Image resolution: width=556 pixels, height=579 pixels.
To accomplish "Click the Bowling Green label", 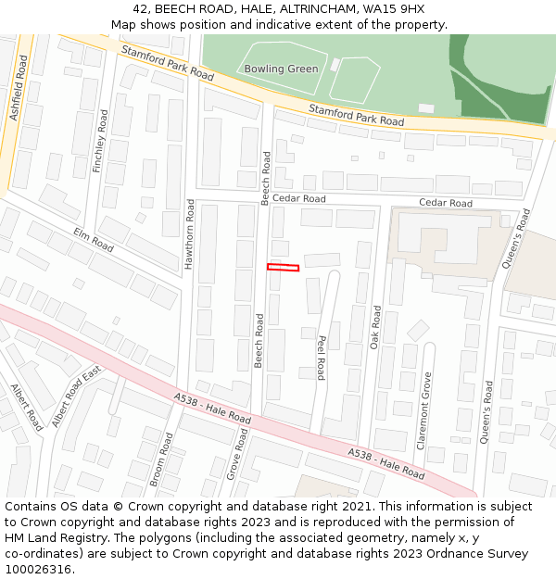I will click(281, 69).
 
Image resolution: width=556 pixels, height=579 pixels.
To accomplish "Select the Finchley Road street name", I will click(101, 141).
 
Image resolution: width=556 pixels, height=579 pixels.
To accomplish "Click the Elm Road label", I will click(93, 241).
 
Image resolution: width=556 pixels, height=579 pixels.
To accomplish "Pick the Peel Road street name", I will click(321, 358).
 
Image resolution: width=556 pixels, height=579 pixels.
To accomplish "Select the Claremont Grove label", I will click(425, 410).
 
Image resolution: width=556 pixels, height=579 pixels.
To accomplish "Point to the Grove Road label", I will click(236, 453).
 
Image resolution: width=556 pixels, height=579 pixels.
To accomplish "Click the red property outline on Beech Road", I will click(284, 268).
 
